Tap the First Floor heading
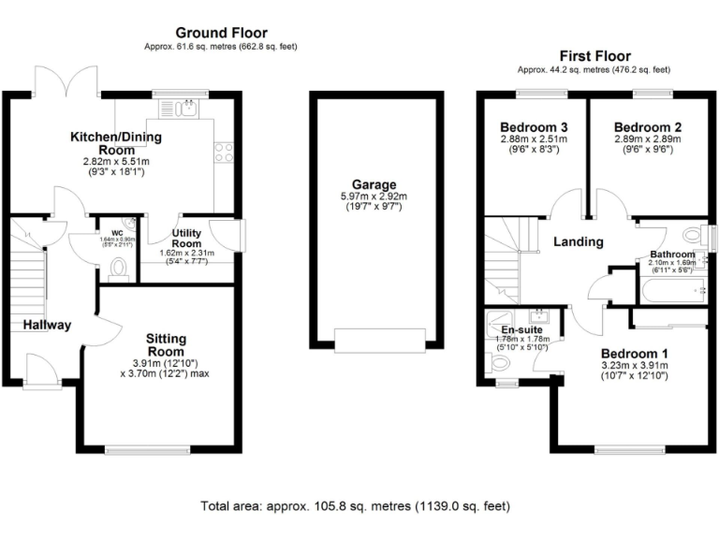coord(594,56)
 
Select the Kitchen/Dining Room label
coord(116,143)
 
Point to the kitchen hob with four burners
coord(225,152)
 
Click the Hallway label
coord(48,326)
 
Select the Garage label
coord(374,184)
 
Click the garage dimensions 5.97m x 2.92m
coord(374,197)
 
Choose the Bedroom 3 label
coord(530,127)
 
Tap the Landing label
coord(578,241)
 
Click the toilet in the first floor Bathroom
coord(694,234)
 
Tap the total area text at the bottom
coord(356,506)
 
